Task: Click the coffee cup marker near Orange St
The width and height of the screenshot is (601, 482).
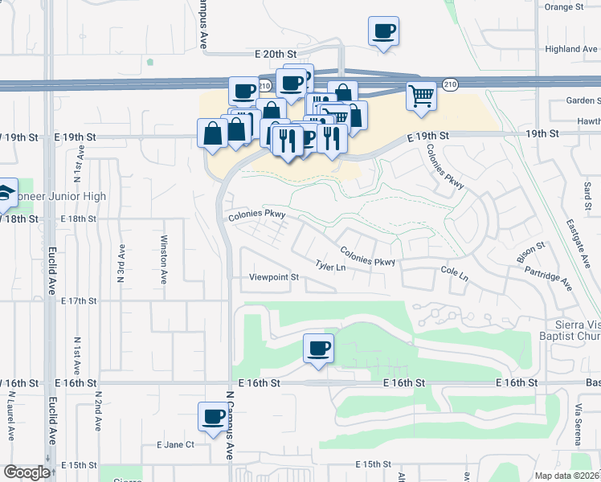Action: tap(383, 32)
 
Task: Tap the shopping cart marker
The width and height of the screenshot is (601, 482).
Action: tap(421, 97)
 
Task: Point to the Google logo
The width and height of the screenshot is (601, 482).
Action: tap(27, 473)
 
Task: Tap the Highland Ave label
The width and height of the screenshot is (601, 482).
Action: tap(571, 49)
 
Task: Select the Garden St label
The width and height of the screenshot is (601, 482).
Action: tap(583, 100)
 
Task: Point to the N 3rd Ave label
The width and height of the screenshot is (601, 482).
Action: tap(121, 263)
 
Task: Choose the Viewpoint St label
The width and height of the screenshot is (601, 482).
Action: tap(273, 277)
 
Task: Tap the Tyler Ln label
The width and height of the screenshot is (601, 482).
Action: tap(330, 265)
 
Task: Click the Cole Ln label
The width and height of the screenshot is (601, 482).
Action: tap(455, 273)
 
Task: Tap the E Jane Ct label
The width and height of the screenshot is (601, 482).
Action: tap(176, 444)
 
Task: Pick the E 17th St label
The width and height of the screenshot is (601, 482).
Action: tap(79, 301)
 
